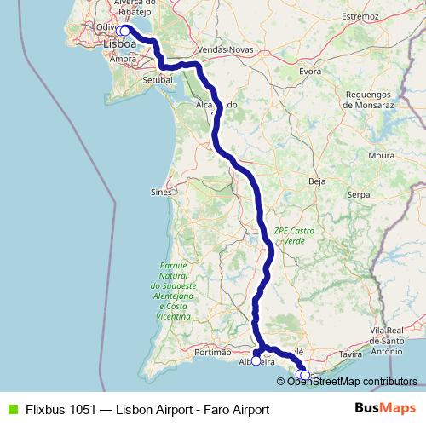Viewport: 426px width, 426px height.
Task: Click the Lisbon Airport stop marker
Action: [124, 31]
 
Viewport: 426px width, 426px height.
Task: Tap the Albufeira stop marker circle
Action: [256, 360]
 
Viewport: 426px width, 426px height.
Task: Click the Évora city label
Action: [310, 72]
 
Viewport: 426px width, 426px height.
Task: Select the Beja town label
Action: [317, 181]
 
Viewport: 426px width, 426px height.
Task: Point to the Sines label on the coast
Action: [161, 193]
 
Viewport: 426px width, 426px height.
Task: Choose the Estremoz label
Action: [360, 16]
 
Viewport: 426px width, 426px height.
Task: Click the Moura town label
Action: [381, 156]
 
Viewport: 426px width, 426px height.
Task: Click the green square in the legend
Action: [12, 409]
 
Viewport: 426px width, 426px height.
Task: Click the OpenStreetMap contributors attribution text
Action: [351, 381]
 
